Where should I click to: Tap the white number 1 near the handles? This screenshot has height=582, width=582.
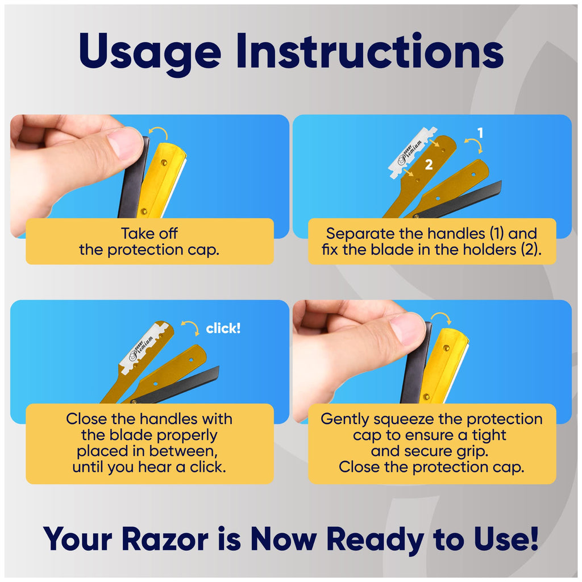[480, 133]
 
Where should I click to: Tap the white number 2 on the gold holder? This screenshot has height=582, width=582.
[429, 164]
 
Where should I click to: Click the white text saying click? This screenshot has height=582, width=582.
[223, 328]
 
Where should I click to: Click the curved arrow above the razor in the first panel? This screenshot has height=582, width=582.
[159, 131]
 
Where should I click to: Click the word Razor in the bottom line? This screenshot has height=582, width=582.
[165, 539]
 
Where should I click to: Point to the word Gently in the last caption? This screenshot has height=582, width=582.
[345, 419]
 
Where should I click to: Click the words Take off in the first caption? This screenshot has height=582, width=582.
[149, 234]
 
